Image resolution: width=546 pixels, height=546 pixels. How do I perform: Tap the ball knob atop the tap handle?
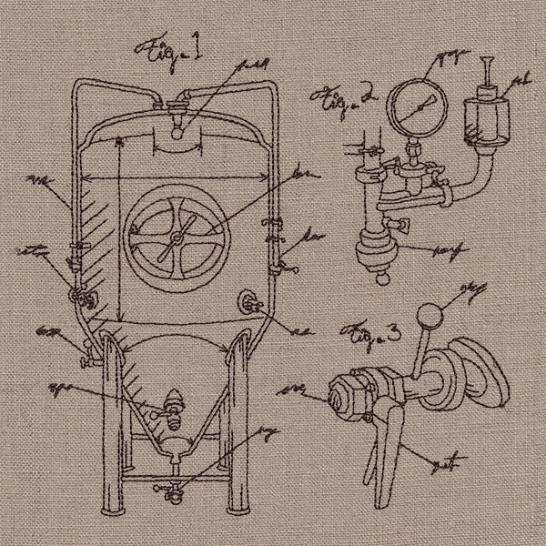429,318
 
